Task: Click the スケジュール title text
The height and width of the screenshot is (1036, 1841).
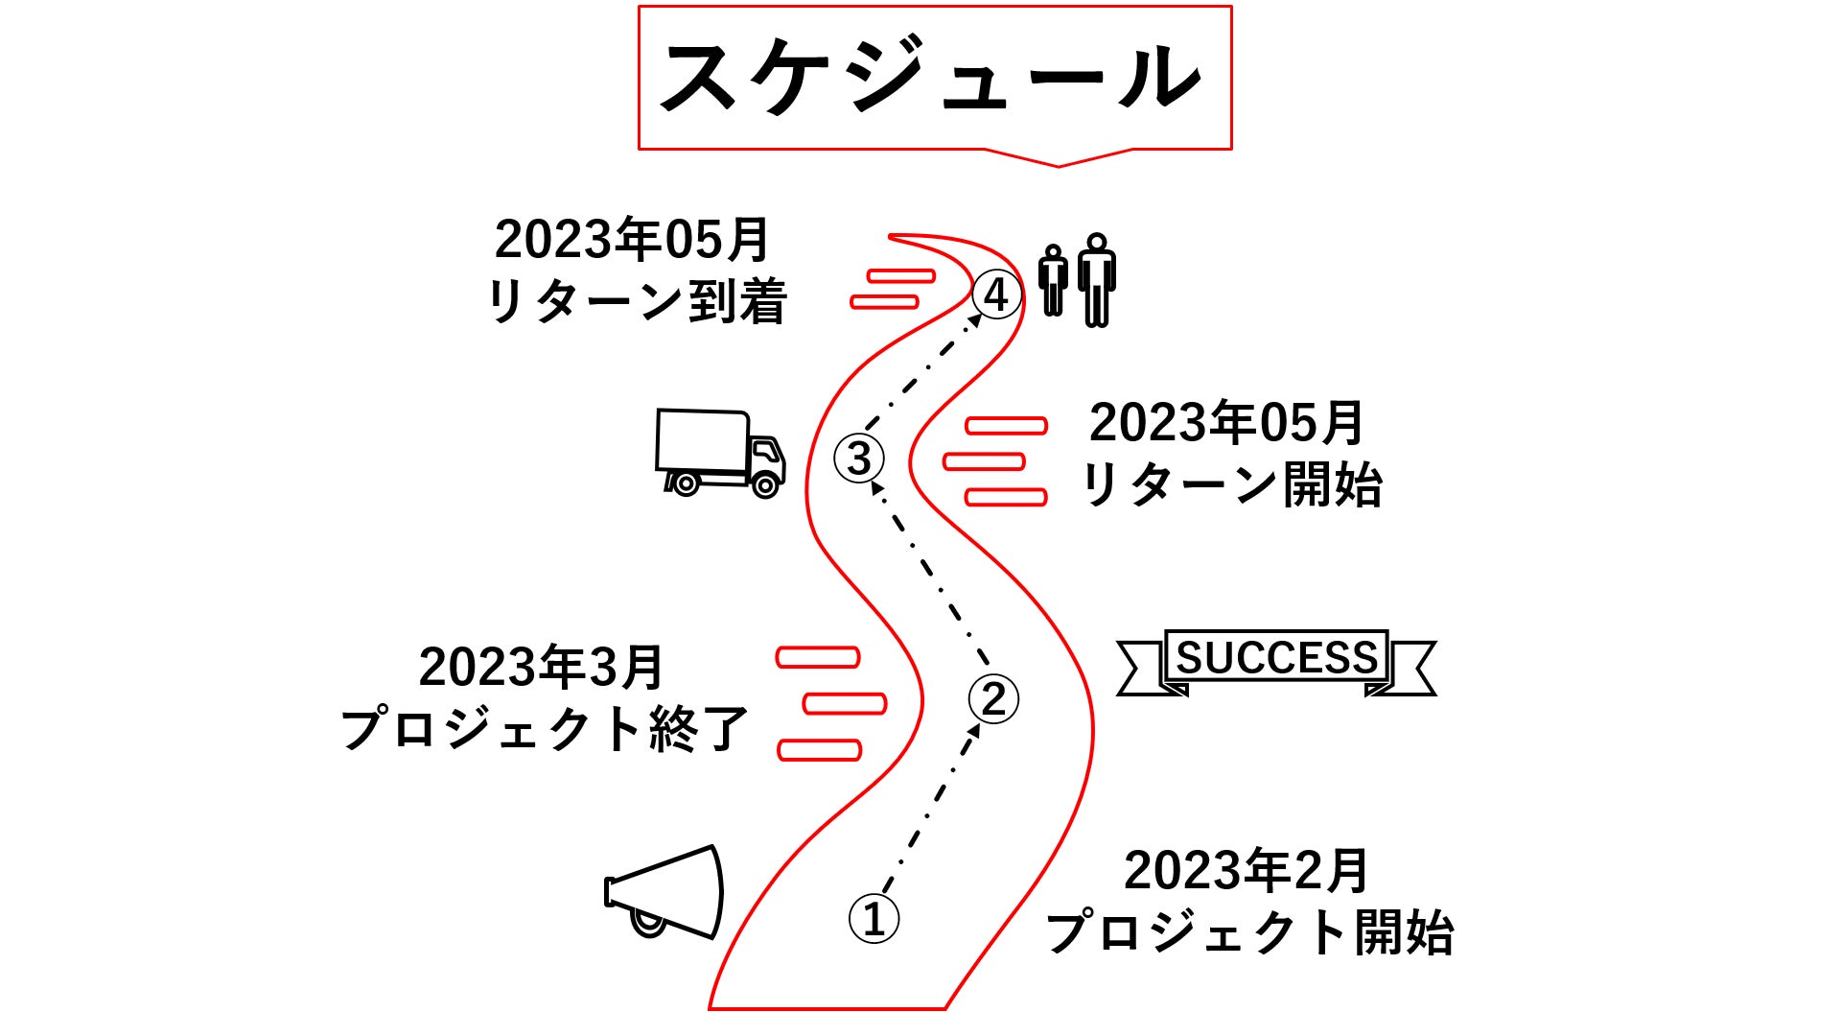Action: pyautogui.click(x=931, y=77)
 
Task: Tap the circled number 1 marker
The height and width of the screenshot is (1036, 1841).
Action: pyautogui.click(x=874, y=918)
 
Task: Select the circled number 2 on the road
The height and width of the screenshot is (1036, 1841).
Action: pyautogui.click(x=993, y=698)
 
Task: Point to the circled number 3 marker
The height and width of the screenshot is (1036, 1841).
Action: pyautogui.click(x=859, y=458)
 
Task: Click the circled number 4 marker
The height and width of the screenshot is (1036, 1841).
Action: pyautogui.click(x=996, y=294)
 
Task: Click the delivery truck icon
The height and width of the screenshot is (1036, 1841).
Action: pyautogui.click(x=720, y=453)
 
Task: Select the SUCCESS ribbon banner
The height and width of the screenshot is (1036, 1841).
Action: pyautogui.click(x=1276, y=662)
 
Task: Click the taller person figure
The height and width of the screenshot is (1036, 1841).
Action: pyautogui.click(x=1097, y=280)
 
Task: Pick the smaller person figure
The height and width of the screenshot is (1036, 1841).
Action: pyautogui.click(x=1053, y=280)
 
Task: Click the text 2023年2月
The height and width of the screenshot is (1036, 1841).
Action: pyautogui.click(x=1247, y=870)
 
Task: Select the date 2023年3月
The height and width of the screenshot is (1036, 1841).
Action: pyautogui.click(x=542, y=667)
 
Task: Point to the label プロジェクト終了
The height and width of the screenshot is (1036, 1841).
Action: pyautogui.click(x=544, y=729)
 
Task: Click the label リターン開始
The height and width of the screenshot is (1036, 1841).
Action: pyautogui.click(x=1231, y=484)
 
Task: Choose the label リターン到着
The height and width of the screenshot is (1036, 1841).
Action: pyautogui.click(x=637, y=301)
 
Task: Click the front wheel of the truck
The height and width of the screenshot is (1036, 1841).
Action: pyautogui.click(x=765, y=485)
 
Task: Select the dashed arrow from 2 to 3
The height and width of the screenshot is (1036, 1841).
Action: pyautogui.click(x=929, y=572)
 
